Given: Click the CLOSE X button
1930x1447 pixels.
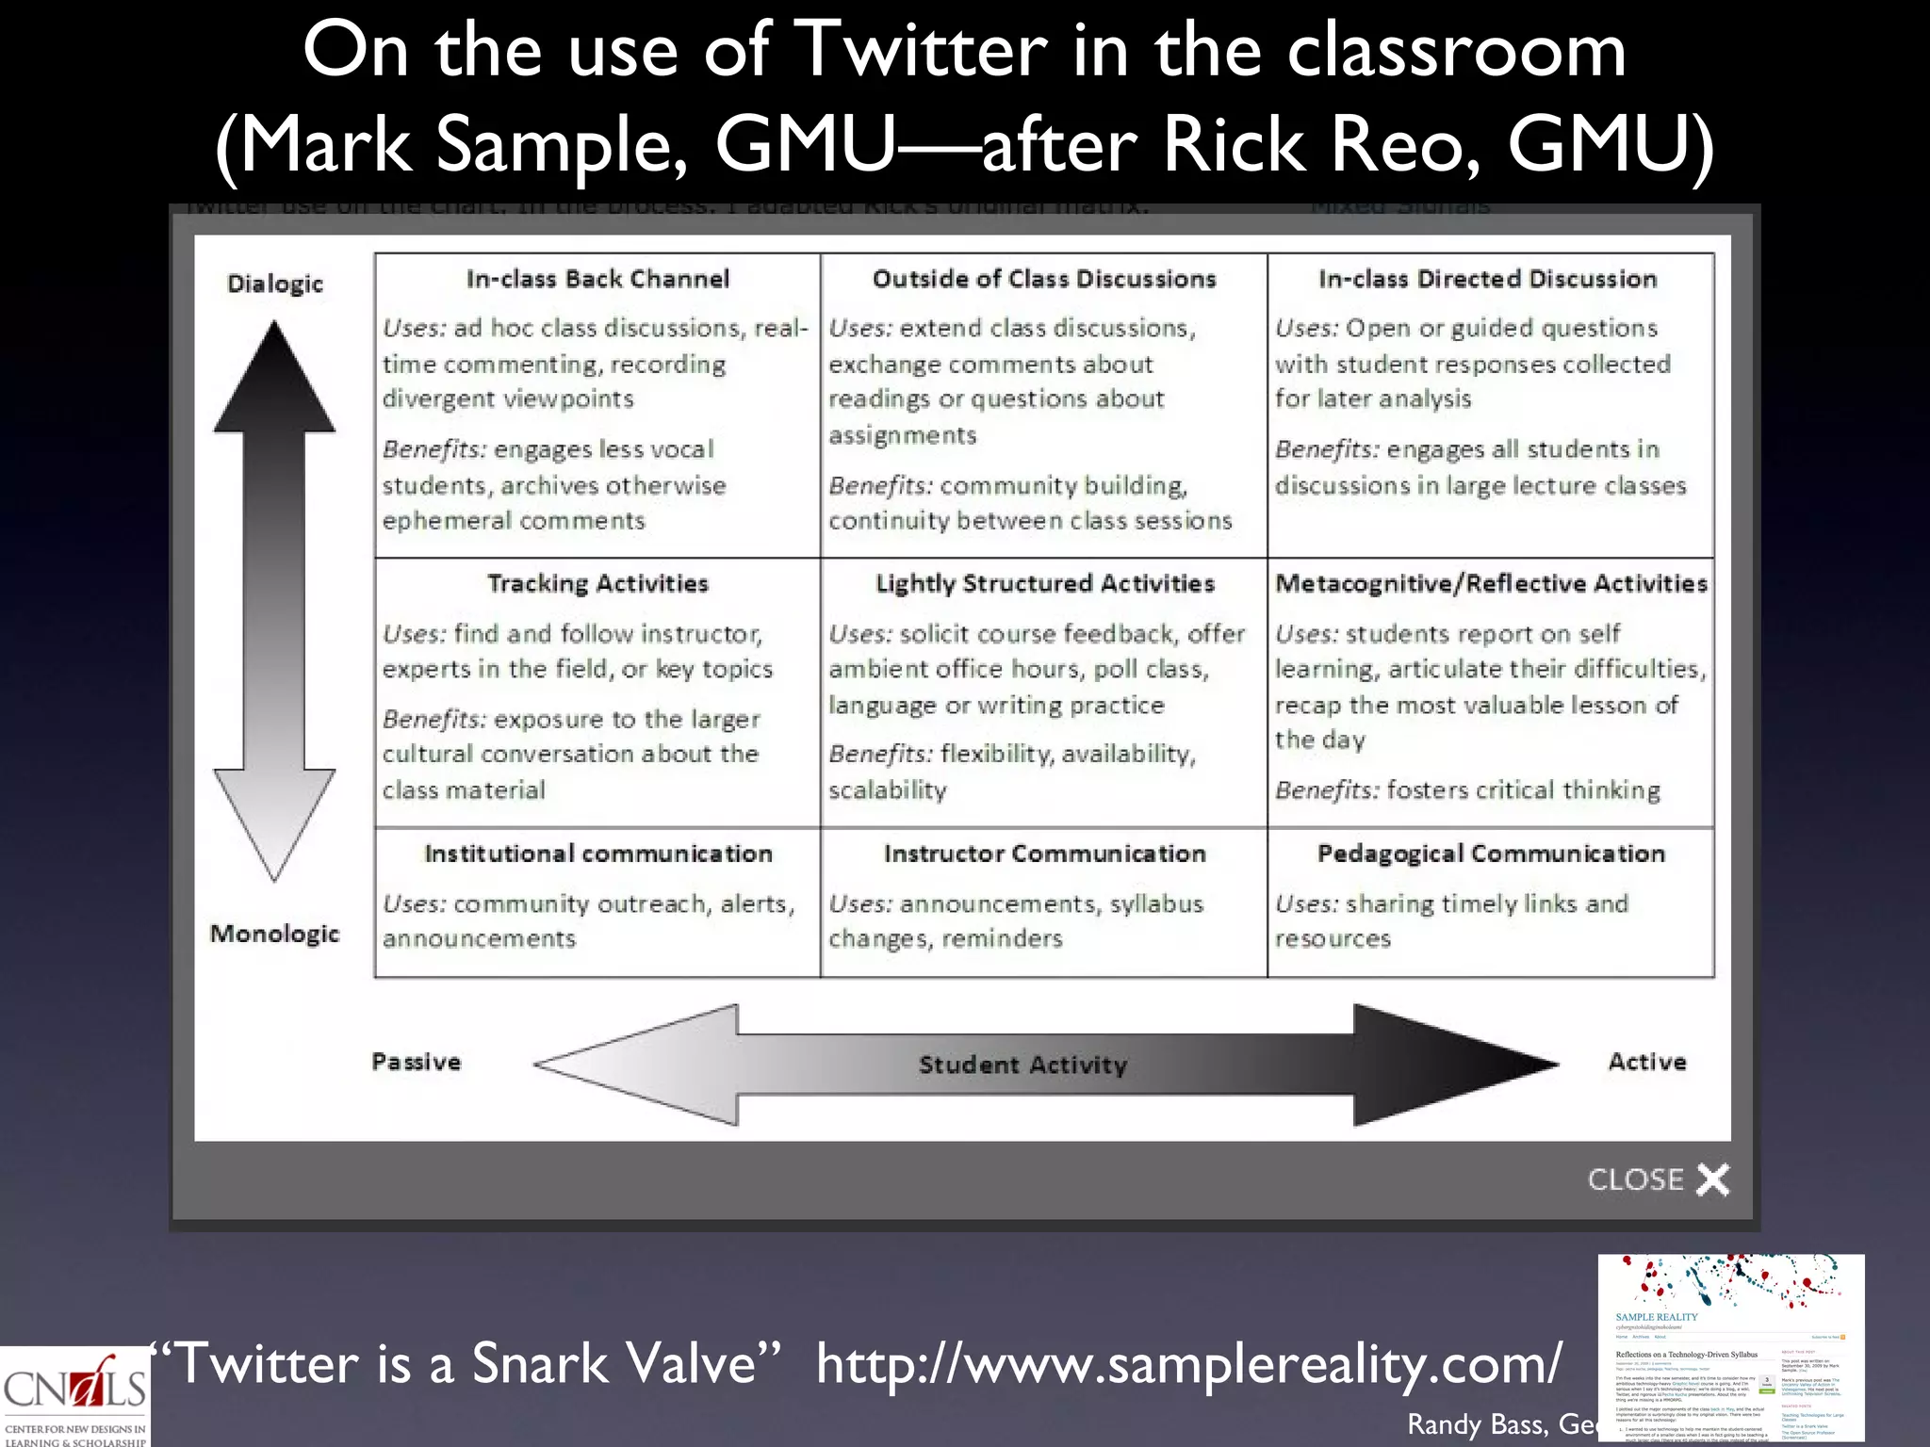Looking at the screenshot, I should (x=1659, y=1179).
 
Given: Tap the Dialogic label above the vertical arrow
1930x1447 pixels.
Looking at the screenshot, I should (x=275, y=284).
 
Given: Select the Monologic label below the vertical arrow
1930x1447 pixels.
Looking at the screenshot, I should (x=274, y=934).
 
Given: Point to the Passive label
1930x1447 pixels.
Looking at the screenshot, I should (x=417, y=1062).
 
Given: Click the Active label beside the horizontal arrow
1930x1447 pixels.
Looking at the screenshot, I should (x=1646, y=1062).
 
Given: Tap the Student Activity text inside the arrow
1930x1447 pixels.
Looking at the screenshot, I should (x=1022, y=1065).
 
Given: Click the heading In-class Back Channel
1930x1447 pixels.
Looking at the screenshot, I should (x=597, y=279).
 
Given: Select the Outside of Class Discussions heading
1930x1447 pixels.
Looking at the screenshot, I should (x=1044, y=279).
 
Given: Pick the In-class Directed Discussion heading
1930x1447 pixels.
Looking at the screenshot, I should (x=1487, y=279).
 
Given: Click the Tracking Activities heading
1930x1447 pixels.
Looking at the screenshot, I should (x=597, y=583).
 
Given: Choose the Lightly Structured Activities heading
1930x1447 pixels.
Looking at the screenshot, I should (x=1045, y=584).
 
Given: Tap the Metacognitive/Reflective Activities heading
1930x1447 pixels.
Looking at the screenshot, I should (x=1491, y=584).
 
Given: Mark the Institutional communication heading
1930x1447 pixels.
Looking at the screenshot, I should (x=597, y=854).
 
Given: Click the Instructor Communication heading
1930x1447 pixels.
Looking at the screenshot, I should (x=1044, y=854).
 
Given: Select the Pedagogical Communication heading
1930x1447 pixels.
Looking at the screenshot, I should (x=1491, y=854).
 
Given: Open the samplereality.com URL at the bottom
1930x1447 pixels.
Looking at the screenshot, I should (x=1188, y=1363).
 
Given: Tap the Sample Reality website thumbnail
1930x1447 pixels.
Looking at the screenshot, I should (x=1730, y=1349).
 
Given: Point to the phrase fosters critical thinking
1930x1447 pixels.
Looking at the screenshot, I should (x=1523, y=790).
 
